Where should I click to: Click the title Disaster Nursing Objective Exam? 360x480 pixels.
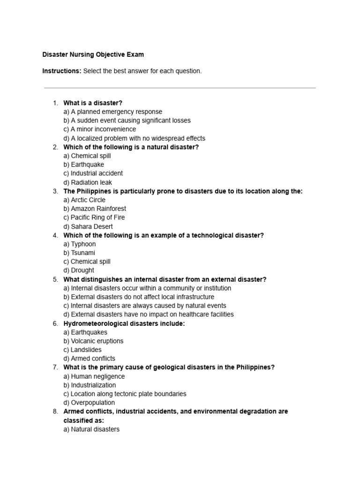(x=93, y=54)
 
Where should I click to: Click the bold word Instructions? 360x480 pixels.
(x=61, y=71)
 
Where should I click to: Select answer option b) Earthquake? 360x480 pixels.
(x=83, y=165)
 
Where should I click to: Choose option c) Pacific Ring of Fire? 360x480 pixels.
(x=94, y=217)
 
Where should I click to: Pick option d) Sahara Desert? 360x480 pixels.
(x=88, y=226)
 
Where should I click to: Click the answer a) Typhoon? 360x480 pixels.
(x=79, y=244)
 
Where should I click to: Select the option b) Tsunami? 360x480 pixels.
(x=79, y=253)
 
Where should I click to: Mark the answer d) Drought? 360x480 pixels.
(x=78, y=270)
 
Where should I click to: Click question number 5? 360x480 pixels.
(x=55, y=279)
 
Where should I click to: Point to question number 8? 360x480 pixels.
(x=55, y=411)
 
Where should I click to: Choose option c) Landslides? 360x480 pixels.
(x=82, y=350)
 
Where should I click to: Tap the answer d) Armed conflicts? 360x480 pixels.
(x=89, y=359)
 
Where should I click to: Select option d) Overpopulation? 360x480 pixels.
(x=89, y=403)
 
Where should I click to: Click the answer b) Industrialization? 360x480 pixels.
(x=90, y=385)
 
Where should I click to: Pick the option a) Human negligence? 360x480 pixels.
(x=94, y=376)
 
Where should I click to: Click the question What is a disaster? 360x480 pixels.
(x=93, y=103)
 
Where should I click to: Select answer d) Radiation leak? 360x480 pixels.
(x=88, y=182)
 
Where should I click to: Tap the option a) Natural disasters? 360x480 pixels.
(x=91, y=429)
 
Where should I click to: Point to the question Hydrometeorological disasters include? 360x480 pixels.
(x=124, y=323)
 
